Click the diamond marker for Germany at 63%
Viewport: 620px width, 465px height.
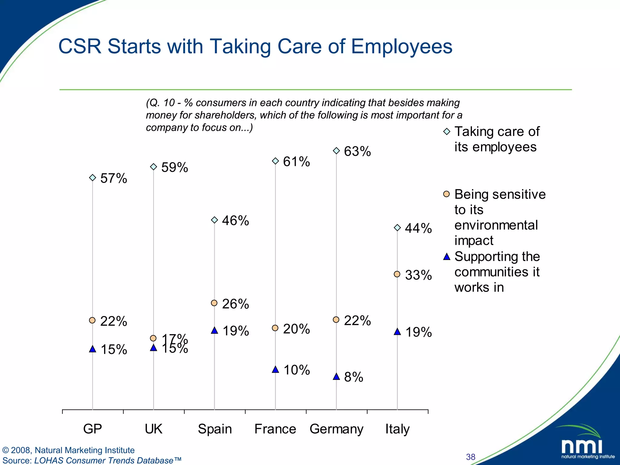pos(336,151)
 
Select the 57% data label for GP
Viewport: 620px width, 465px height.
pos(114,178)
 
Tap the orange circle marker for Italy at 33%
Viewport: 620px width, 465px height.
pos(397,274)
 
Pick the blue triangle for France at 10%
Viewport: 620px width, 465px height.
pos(275,370)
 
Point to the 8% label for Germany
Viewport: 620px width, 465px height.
pos(354,377)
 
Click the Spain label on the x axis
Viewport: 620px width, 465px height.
pos(215,429)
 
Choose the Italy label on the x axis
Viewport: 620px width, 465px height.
pos(397,429)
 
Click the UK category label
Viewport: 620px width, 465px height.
pos(153,429)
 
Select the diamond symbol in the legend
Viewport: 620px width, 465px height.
pos(447,131)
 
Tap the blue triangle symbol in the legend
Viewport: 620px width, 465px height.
pos(447,257)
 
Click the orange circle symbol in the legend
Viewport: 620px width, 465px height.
pos(447,194)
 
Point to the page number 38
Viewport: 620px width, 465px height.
pos(470,457)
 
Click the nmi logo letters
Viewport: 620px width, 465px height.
pos(582,446)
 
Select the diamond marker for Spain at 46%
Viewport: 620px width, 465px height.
pos(214,220)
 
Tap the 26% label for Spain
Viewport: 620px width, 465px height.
pos(235,304)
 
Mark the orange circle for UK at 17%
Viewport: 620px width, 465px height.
pos(153,338)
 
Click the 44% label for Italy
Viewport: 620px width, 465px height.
pos(418,228)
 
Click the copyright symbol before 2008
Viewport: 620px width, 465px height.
pos(5,450)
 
